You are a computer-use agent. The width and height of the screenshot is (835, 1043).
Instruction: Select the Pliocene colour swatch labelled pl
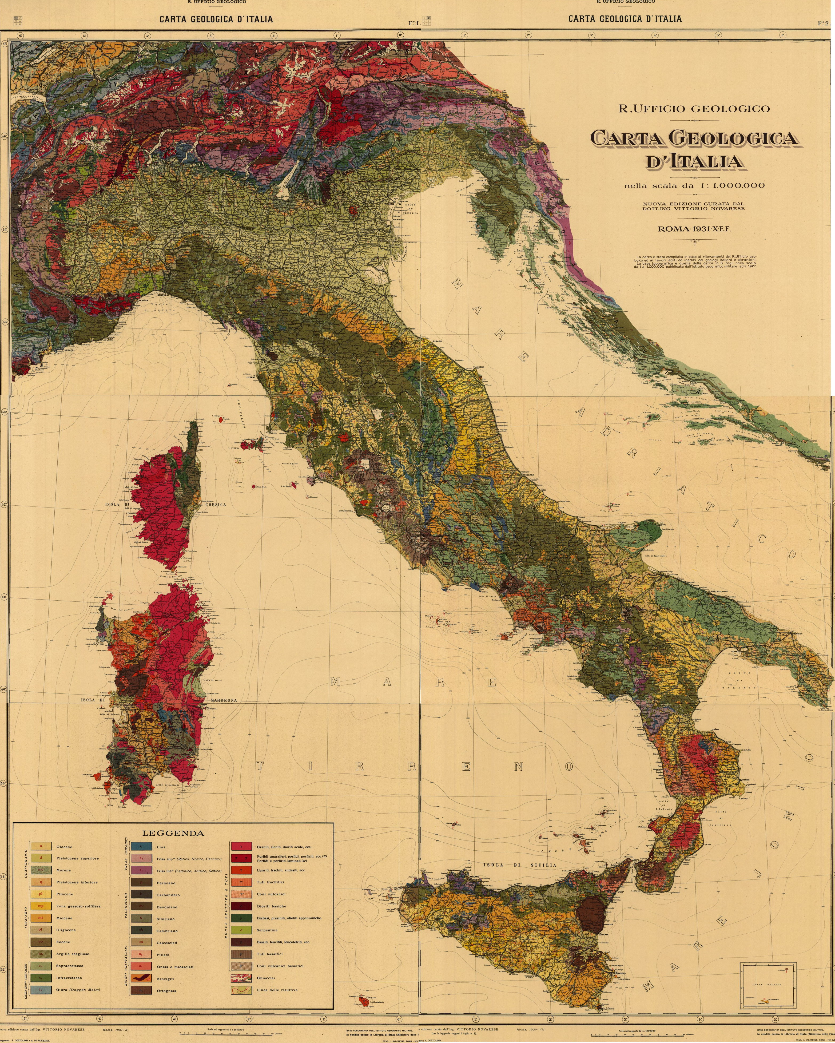click(41, 894)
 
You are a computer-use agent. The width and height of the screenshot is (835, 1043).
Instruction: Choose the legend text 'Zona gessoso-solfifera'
click(78, 906)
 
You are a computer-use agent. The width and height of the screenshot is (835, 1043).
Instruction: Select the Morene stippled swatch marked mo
click(41, 870)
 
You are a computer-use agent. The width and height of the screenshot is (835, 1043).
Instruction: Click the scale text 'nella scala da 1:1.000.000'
click(694, 185)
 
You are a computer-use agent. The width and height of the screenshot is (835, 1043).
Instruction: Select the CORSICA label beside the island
click(215, 505)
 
